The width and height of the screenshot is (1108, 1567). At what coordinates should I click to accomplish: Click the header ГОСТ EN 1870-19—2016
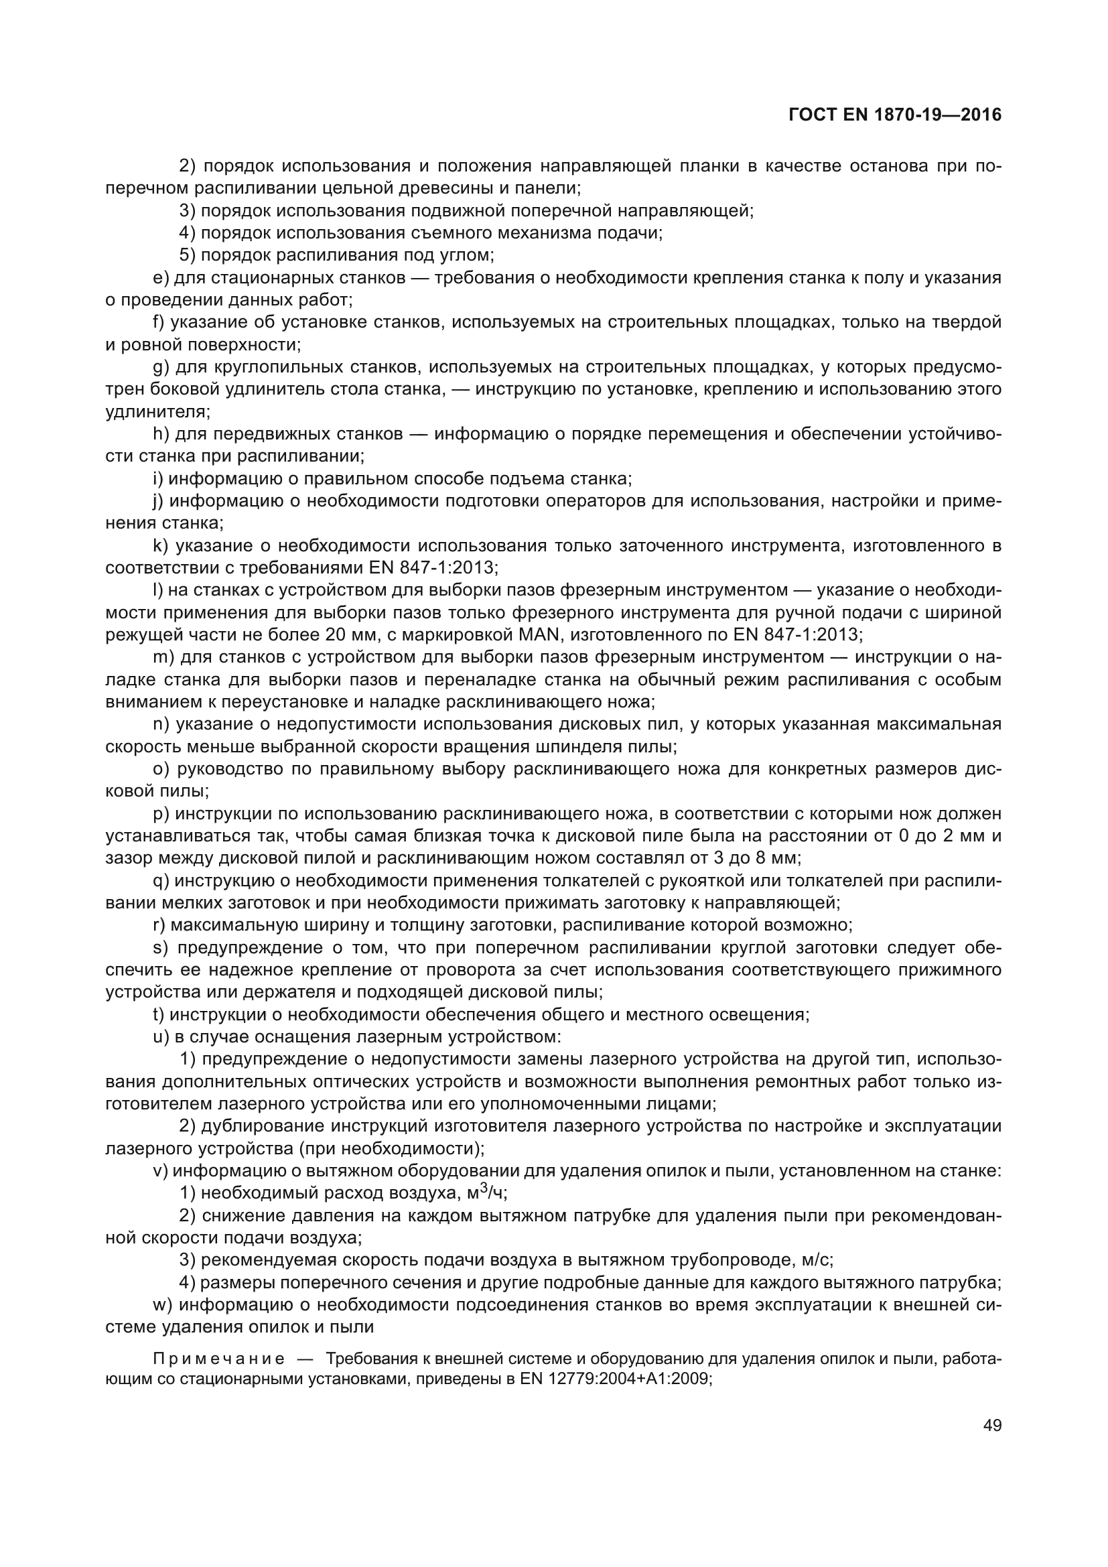(894, 115)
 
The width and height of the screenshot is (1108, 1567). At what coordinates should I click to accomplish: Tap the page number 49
(992, 1444)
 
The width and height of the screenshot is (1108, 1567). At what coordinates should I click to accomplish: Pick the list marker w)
(163, 1305)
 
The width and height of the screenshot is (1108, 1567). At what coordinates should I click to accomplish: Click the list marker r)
(159, 925)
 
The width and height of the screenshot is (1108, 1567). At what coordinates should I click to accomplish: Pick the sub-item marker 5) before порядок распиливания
(188, 255)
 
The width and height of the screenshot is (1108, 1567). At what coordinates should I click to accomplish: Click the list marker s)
(161, 948)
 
